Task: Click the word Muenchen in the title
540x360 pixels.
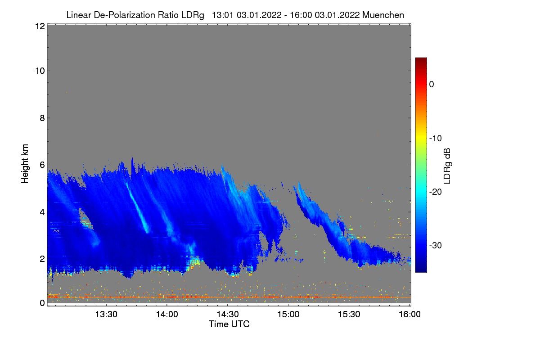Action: pyautogui.click(x=383, y=15)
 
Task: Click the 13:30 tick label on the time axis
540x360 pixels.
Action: pyautogui.click(x=106, y=315)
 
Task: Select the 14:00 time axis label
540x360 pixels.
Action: pyautogui.click(x=167, y=315)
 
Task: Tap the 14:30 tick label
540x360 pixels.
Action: pyautogui.click(x=228, y=315)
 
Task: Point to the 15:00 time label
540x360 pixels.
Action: pyautogui.click(x=288, y=315)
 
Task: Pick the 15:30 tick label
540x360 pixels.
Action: pyautogui.click(x=349, y=315)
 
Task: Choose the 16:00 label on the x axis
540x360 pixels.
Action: pyautogui.click(x=409, y=315)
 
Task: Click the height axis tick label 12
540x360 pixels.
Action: pyautogui.click(x=39, y=26)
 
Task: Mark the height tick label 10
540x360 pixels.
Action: pyautogui.click(x=39, y=71)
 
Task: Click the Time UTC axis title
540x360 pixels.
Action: pyautogui.click(x=229, y=324)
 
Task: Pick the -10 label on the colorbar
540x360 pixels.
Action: pyautogui.click(x=435, y=138)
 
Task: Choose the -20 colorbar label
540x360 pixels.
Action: pyautogui.click(x=435, y=192)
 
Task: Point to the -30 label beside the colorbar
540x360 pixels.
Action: pyautogui.click(x=435, y=246)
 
